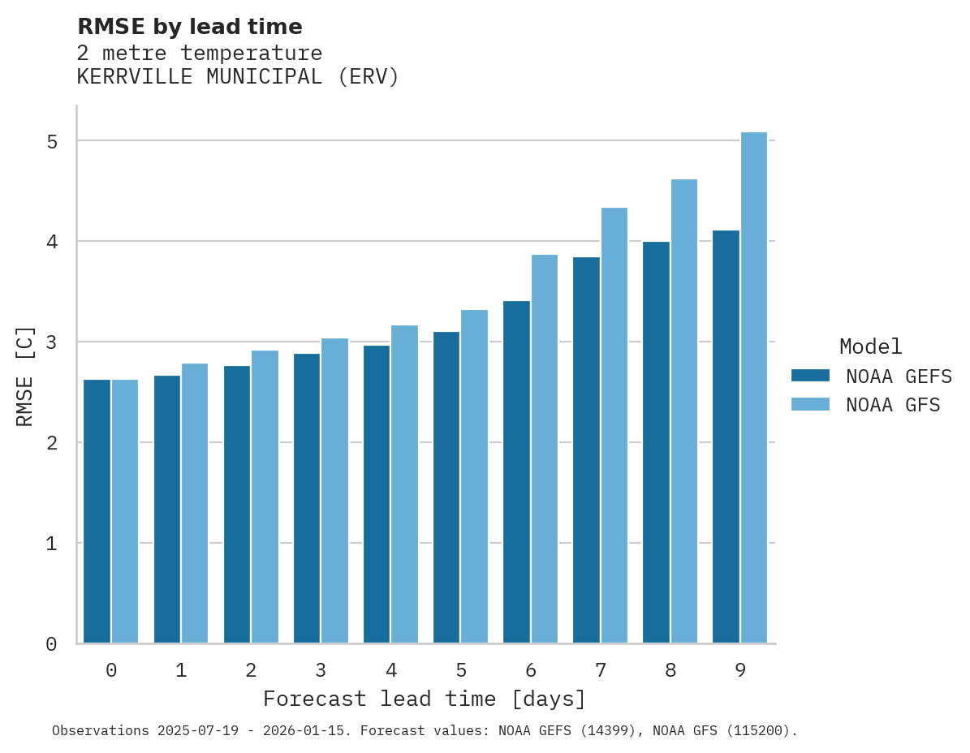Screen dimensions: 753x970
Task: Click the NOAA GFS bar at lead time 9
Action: tap(753, 388)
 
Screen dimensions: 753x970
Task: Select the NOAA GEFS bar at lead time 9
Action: tap(726, 437)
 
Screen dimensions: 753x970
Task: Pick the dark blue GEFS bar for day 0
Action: tap(97, 511)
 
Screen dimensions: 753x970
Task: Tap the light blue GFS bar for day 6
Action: tap(544, 449)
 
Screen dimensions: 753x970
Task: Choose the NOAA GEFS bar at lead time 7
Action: tap(586, 450)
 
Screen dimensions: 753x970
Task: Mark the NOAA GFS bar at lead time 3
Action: tap(334, 491)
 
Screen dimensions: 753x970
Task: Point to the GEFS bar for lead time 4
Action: tap(377, 494)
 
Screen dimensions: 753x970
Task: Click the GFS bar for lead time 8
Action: tap(683, 411)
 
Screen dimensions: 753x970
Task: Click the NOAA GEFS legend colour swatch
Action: tap(810, 376)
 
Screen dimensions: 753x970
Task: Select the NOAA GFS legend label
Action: tap(893, 405)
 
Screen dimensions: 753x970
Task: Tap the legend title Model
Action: tap(870, 346)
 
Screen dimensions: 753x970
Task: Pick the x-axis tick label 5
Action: tap(461, 670)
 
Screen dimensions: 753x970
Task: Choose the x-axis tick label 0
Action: tap(111, 670)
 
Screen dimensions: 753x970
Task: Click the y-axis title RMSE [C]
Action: tap(25, 376)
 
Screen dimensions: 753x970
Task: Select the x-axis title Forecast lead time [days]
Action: tap(424, 699)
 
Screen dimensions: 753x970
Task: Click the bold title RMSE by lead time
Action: tap(189, 27)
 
